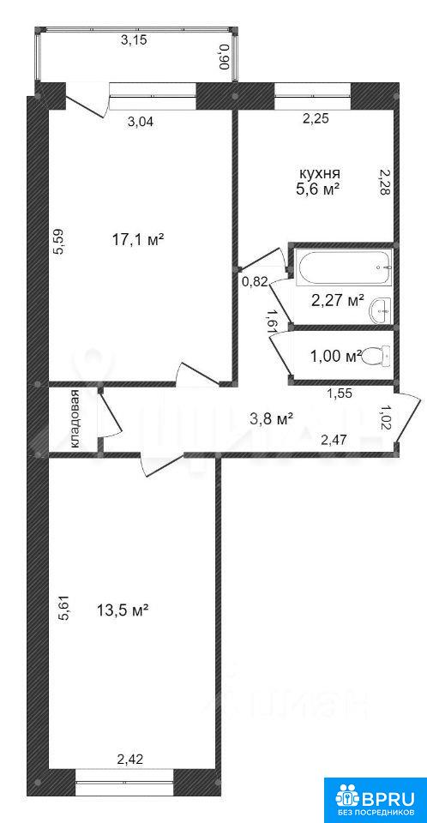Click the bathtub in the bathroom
pos(344,267)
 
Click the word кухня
pos(320,173)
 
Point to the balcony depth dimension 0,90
pos(225,56)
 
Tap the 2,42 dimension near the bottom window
pos(129,758)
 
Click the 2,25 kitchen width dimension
pos(316,119)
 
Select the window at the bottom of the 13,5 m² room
pos(124,782)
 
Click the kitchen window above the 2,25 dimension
pos(312,95)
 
